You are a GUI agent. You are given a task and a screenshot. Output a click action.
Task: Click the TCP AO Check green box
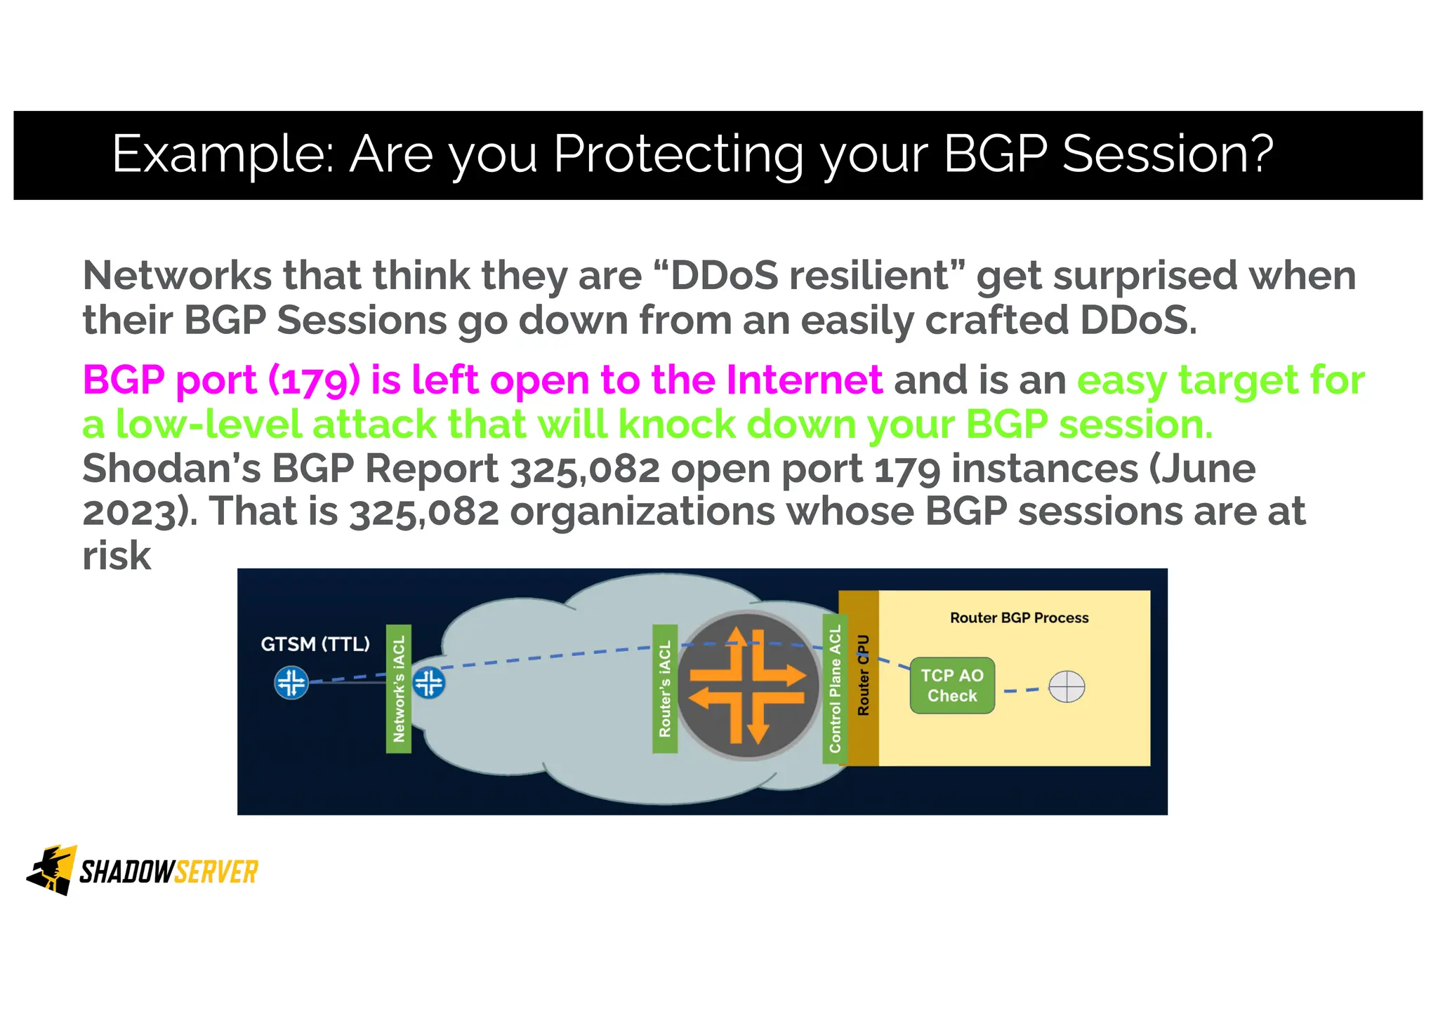point(951,686)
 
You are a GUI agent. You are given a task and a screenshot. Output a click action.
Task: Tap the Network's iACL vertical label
point(399,688)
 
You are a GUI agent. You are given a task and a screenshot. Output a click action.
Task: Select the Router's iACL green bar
point(665,688)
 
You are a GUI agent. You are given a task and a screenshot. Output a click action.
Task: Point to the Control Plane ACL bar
point(835,688)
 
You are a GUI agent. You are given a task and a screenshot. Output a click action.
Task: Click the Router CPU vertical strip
point(863,676)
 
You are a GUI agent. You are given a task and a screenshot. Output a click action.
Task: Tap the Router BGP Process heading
point(1019,617)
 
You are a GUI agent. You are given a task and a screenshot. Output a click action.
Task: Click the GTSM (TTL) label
point(315,643)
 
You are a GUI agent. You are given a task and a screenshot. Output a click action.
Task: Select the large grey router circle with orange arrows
point(747,686)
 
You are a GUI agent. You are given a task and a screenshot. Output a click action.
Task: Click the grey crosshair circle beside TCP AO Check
point(1066,686)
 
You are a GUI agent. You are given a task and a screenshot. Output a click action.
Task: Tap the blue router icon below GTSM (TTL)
point(291,682)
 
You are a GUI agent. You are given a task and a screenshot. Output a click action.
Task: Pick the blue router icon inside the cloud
point(428,682)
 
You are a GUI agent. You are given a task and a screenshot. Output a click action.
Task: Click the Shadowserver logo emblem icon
point(52,870)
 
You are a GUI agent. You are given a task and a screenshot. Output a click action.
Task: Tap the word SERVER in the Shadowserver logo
point(216,872)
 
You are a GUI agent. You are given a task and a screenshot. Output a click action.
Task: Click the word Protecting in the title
point(678,154)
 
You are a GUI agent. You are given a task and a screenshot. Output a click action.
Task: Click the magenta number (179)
point(314,380)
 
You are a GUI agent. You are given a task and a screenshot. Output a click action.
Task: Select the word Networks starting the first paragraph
point(177,275)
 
